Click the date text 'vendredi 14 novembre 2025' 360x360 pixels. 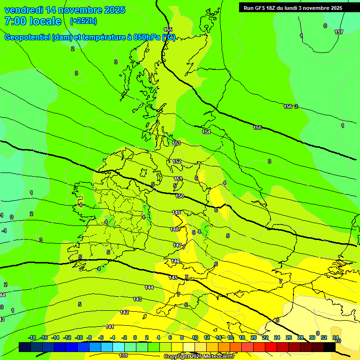65,10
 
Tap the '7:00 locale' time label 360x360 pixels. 33,21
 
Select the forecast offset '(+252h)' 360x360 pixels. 83,21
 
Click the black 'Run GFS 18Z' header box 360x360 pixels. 293,7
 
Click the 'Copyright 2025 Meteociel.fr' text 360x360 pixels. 199,356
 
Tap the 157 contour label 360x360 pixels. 339,32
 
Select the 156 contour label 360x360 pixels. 288,106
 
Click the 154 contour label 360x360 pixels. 206,132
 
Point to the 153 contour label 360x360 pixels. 177,143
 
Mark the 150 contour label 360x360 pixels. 180,196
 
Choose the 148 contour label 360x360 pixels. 175,229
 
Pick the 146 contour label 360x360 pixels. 175,261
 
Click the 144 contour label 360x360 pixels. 149,287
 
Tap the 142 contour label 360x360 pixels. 124,312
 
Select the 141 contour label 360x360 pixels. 110,327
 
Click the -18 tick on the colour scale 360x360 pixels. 32,337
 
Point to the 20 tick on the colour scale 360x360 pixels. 254,337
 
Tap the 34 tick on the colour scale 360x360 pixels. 336,337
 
